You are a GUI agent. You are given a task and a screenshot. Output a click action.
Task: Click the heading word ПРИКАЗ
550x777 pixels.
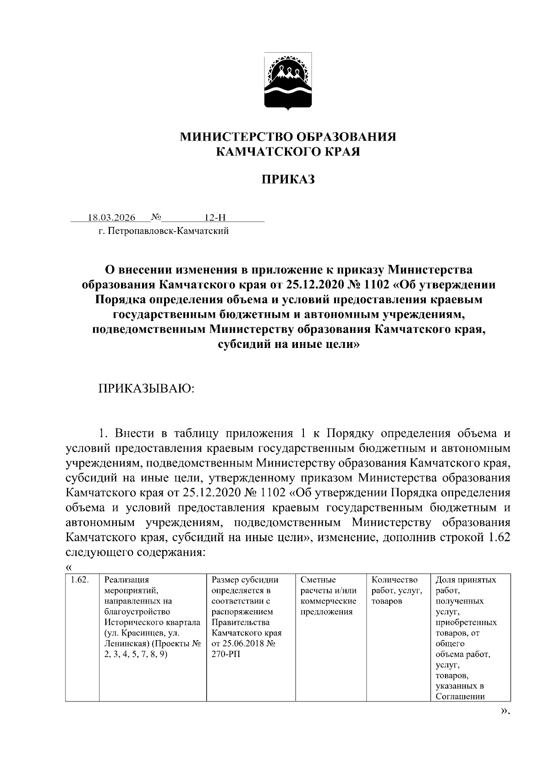(288, 179)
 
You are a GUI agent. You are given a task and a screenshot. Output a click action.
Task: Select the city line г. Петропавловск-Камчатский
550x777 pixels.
(163, 231)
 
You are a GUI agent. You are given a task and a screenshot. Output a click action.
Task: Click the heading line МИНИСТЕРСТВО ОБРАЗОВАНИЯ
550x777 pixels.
(288, 137)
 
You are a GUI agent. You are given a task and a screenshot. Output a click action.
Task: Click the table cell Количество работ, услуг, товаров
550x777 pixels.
(396, 591)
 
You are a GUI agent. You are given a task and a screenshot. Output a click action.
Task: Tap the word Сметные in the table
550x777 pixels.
(318, 580)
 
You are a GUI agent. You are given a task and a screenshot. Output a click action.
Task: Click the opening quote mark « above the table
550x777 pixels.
(69, 567)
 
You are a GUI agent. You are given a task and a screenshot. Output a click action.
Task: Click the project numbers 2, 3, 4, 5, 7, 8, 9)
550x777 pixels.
(136, 654)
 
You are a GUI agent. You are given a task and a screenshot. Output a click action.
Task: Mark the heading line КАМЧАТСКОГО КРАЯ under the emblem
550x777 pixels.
(288, 152)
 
